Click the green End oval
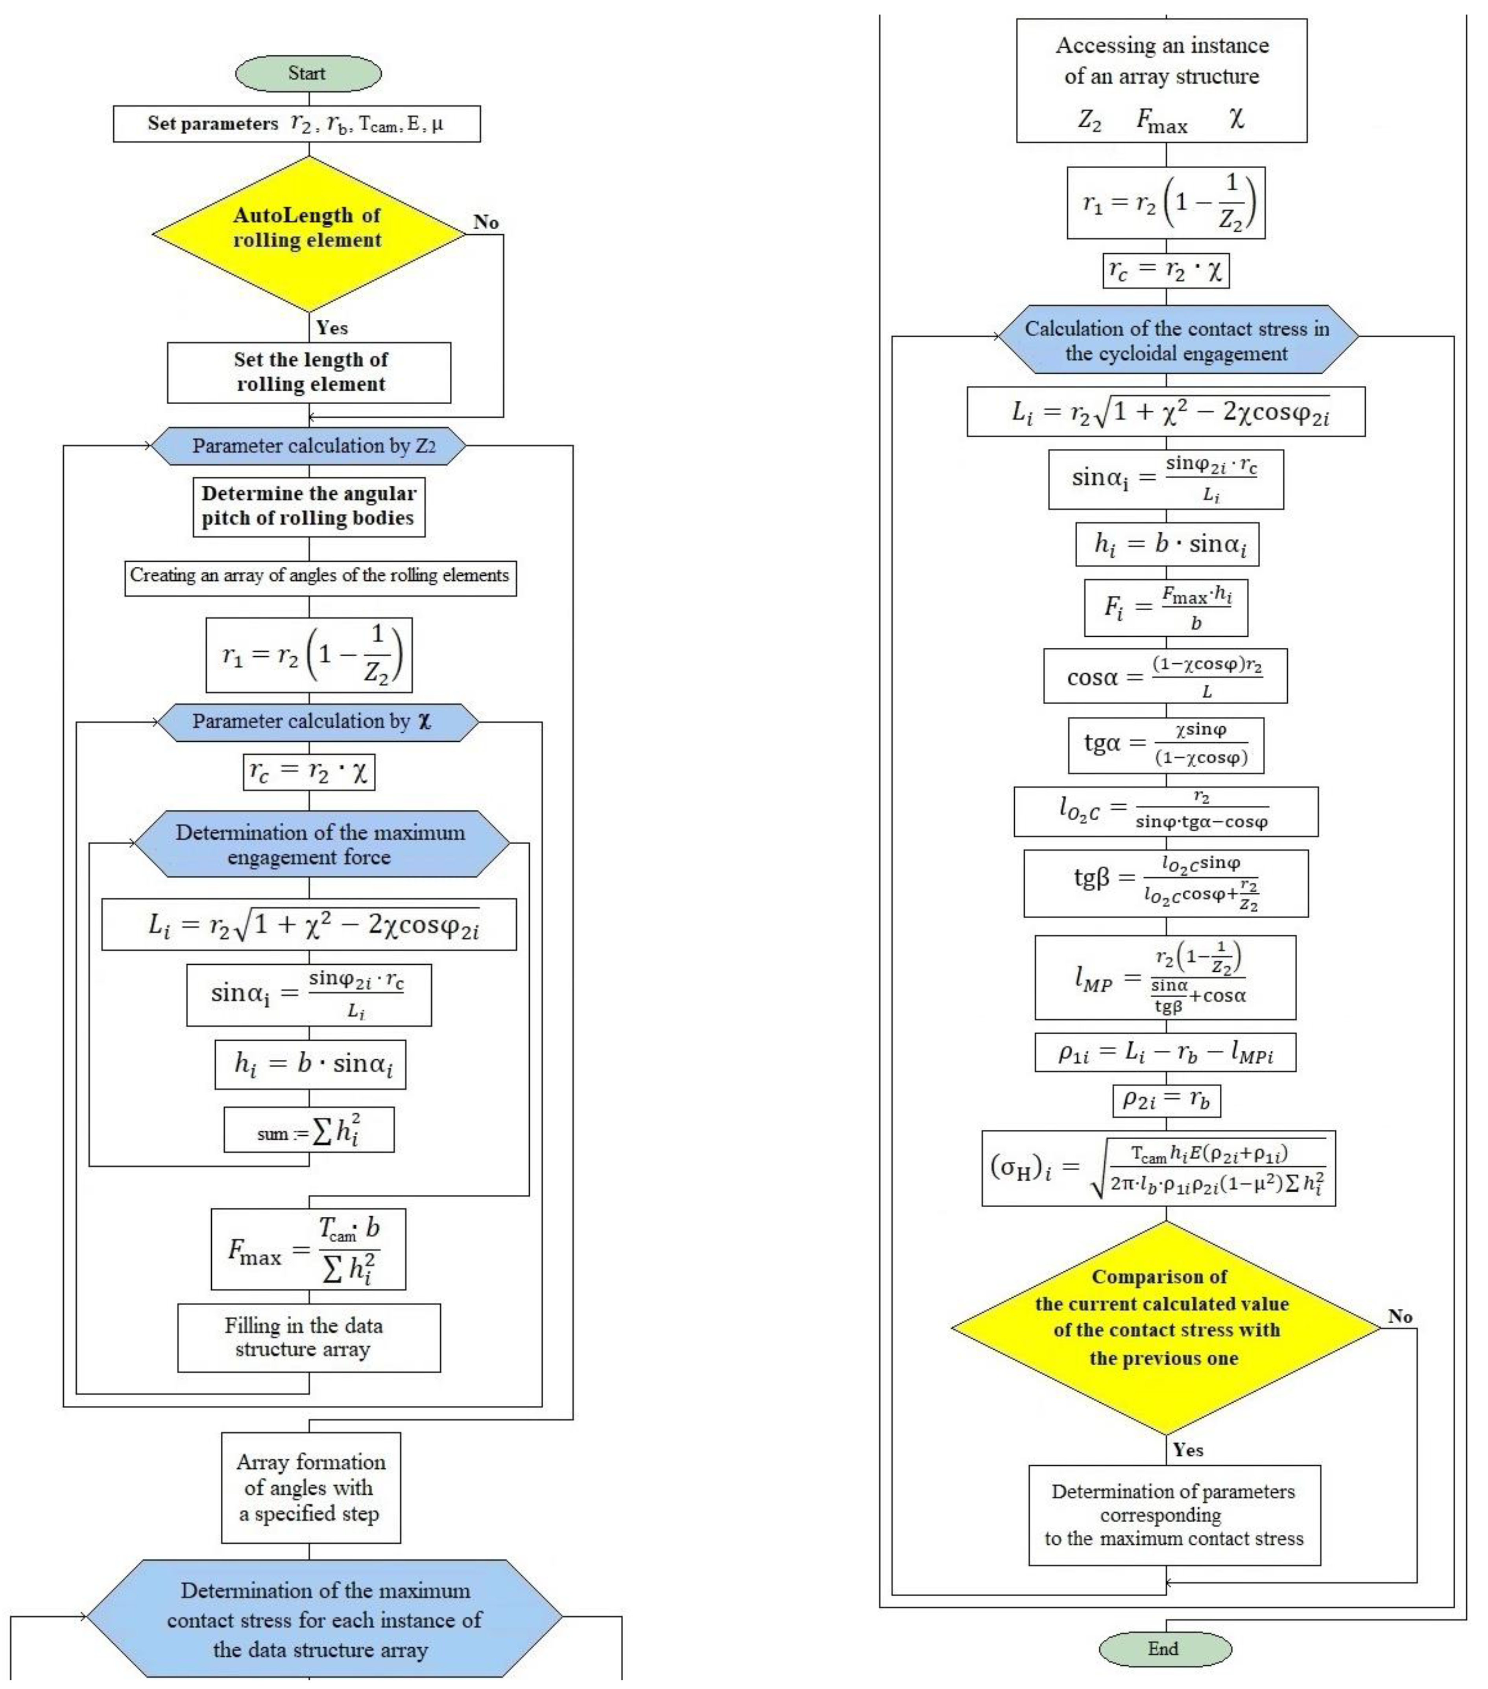1164,1648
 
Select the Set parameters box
296,124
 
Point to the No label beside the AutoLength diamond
486,222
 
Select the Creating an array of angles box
320,576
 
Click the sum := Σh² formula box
308,1129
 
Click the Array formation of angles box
311,1487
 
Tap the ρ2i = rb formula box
1166,1100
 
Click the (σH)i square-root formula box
1158,1168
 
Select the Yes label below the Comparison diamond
1187,1450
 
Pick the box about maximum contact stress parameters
1174,1515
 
